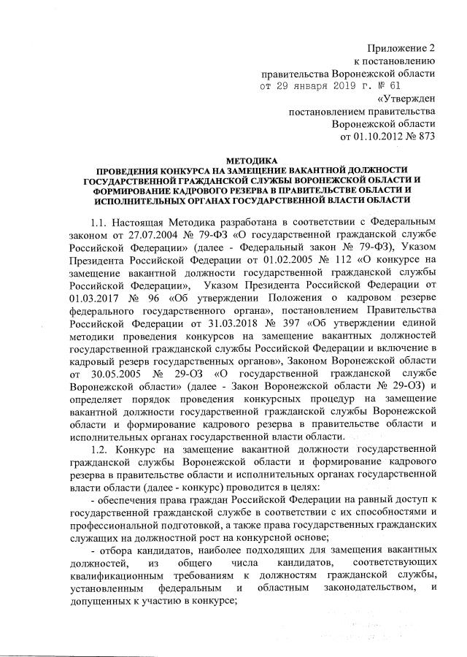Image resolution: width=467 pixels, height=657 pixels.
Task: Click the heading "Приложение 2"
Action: pyautogui.click(x=399, y=47)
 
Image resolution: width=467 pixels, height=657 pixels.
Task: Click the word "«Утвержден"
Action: pyautogui.click(x=406, y=99)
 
